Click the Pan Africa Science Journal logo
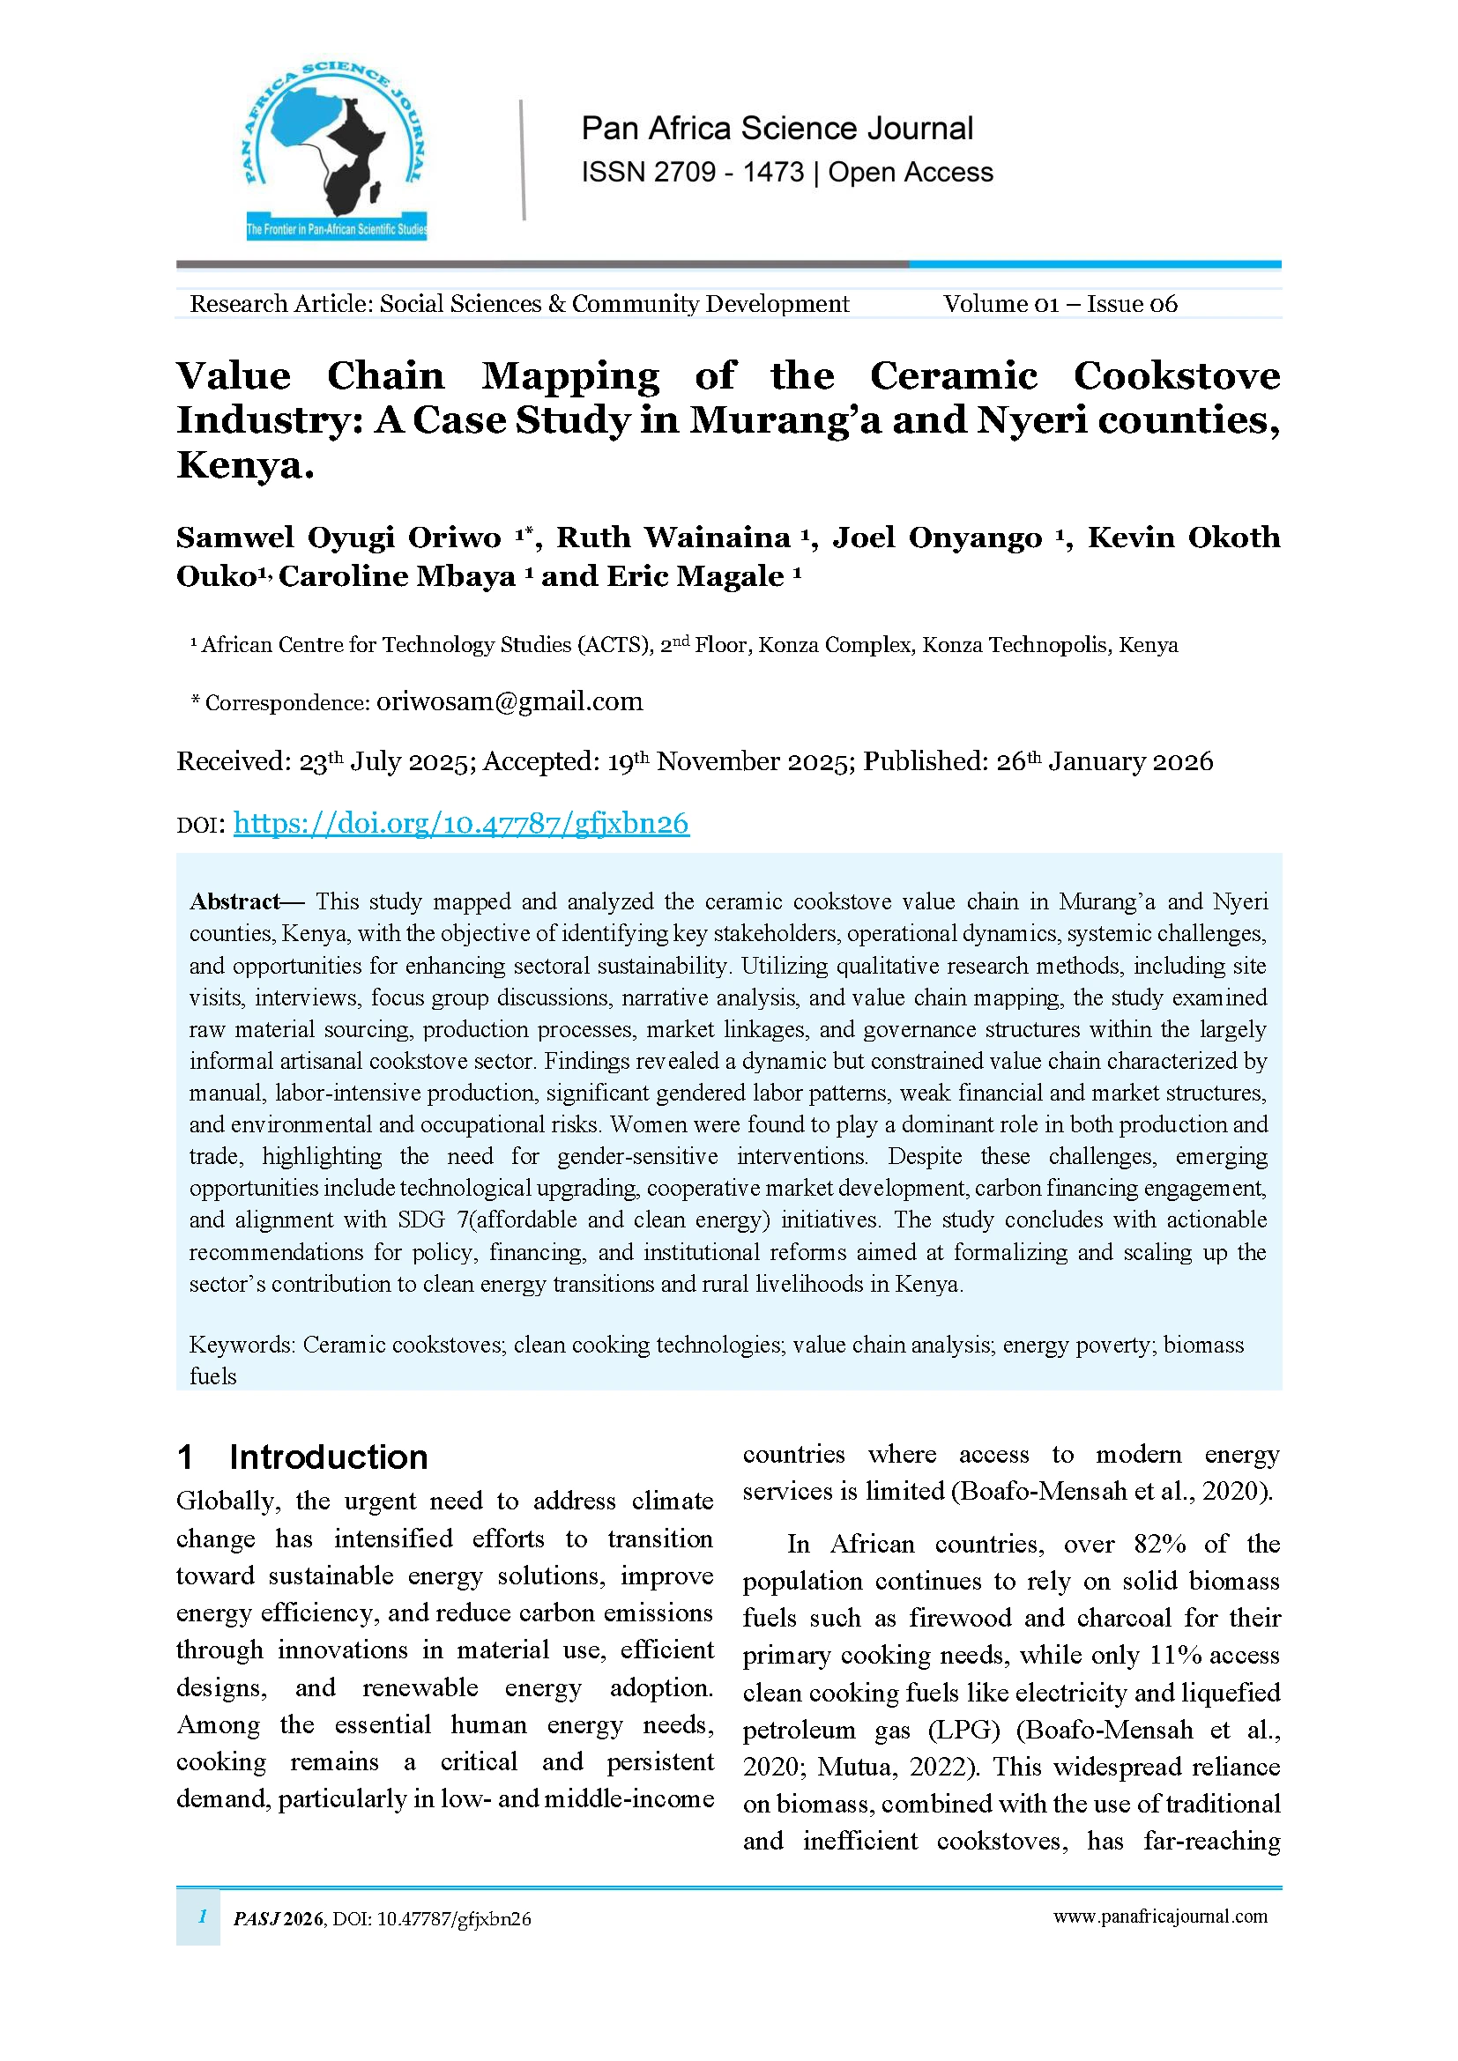coord(336,151)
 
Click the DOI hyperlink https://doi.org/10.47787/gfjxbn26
coord(460,823)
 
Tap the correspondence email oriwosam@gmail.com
coord(509,701)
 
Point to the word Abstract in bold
coord(234,901)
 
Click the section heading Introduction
coord(328,1457)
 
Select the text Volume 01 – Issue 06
coord(1060,304)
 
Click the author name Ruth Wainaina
coord(673,537)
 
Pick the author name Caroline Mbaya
coord(397,576)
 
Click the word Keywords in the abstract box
coord(239,1345)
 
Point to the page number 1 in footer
coord(203,1916)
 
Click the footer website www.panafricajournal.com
coord(1160,1916)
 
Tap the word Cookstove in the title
coord(1176,376)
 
